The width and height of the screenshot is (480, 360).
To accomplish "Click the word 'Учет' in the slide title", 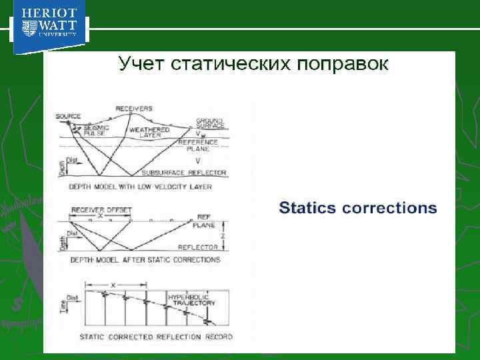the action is (x=141, y=64).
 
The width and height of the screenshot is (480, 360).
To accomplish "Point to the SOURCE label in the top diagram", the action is (x=68, y=116).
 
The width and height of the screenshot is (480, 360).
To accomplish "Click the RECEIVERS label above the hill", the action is (x=134, y=108).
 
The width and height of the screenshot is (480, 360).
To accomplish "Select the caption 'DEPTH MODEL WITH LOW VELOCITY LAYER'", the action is (x=141, y=187).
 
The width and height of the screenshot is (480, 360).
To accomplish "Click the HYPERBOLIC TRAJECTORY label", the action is (x=191, y=299).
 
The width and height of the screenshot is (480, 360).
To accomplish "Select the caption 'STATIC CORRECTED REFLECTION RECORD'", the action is (x=156, y=337).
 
